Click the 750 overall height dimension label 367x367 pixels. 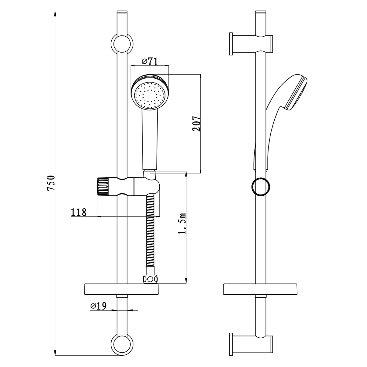50,183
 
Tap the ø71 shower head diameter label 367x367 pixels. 150,61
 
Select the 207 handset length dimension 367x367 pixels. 197,124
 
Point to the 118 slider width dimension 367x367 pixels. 79,212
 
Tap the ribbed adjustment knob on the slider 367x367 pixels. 102,187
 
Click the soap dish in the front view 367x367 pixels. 122,289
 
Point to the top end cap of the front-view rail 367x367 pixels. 122,12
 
